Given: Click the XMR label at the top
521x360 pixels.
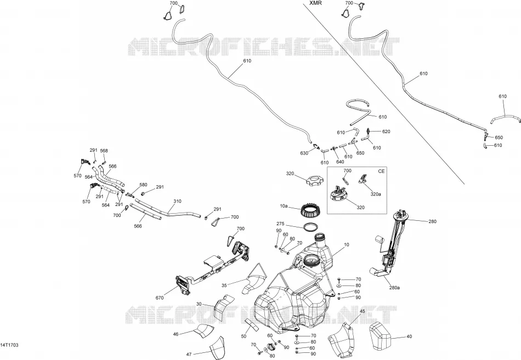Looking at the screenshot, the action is (x=315, y=3).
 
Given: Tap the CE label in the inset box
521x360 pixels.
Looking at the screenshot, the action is (x=382, y=171).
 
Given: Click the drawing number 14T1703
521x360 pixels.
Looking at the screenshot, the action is (x=9, y=345).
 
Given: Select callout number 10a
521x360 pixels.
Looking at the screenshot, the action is (x=284, y=206).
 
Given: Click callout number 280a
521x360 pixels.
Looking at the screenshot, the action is (x=394, y=288).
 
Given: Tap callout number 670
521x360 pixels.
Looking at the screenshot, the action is (x=160, y=298).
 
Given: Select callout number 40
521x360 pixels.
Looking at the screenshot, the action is (x=409, y=336).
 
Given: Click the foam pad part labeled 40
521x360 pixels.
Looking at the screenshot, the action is (x=381, y=336).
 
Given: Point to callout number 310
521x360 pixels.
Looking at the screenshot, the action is (x=178, y=201).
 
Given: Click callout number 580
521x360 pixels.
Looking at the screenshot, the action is (x=143, y=185).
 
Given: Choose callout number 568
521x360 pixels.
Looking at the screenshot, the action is (x=104, y=151).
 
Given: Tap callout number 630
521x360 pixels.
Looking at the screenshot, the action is (x=304, y=153).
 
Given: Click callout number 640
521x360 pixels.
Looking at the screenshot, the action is (x=340, y=162).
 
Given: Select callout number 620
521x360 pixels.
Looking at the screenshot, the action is (x=386, y=132).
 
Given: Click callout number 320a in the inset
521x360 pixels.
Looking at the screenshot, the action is (x=376, y=195).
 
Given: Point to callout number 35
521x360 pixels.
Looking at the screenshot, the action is (x=224, y=285).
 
